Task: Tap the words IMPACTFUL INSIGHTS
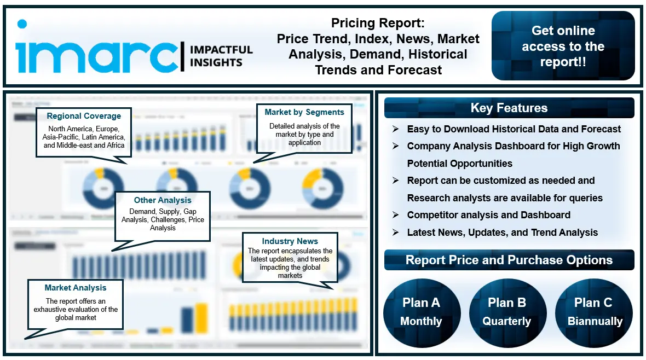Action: [221, 56]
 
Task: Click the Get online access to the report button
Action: [563, 46]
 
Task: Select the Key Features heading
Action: [509, 108]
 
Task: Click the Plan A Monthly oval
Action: [421, 311]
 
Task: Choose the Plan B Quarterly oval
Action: [506, 311]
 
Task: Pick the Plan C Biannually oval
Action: [594, 311]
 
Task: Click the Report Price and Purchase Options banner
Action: [509, 260]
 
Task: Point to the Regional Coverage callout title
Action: [84, 116]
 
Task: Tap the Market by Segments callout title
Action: [304, 112]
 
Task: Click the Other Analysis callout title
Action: [163, 200]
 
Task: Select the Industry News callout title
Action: [290, 241]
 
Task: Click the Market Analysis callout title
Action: [76, 288]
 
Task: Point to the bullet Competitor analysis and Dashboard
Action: [488, 215]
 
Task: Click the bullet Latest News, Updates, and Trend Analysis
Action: [502, 233]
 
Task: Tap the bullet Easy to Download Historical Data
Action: [514, 129]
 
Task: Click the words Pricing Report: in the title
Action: [378, 24]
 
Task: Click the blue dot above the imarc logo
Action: [22, 24]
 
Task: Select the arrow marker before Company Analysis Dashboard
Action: [395, 146]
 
